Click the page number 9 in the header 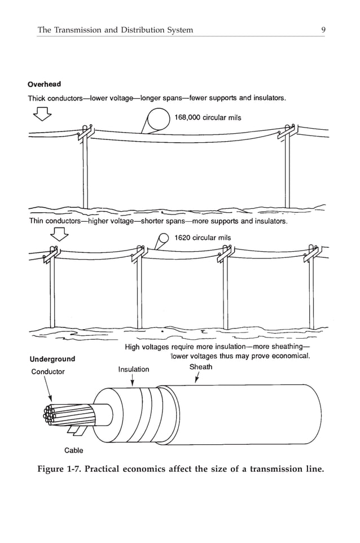click(x=322, y=30)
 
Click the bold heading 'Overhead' click(x=45, y=85)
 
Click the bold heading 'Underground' click(x=52, y=359)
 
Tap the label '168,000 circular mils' click(x=208, y=117)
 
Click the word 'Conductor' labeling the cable click(x=47, y=371)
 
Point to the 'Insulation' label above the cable click(x=134, y=369)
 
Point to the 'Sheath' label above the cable click(x=201, y=367)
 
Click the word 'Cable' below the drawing click(x=73, y=450)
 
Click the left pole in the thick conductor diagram click(x=85, y=169)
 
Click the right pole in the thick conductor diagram click(x=288, y=169)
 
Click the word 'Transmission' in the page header click(x=78, y=30)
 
